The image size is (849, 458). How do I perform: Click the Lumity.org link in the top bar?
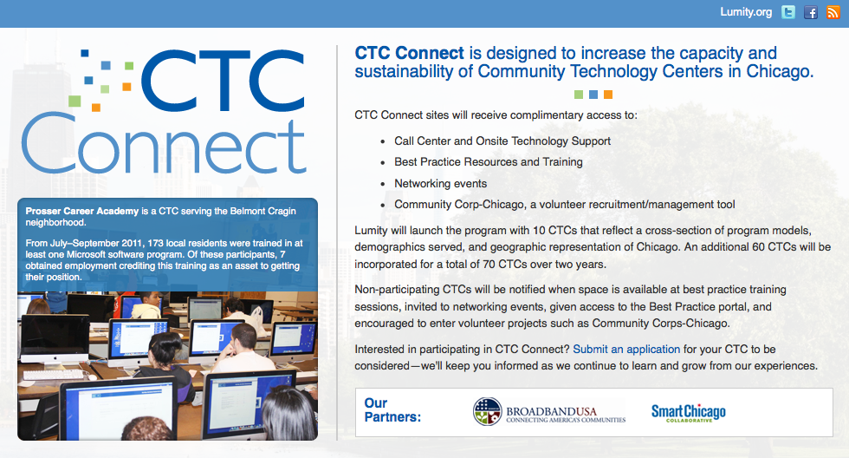pos(746,12)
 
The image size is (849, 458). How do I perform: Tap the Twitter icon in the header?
pos(788,12)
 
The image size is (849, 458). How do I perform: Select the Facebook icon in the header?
pos(811,12)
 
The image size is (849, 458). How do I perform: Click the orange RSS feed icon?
pos(833,12)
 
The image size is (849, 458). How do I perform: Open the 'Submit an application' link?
pos(626,349)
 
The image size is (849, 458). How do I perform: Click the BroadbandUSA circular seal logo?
pos(487,411)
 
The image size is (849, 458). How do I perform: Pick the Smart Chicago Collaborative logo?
pos(688,413)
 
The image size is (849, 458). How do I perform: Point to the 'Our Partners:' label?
pos(392,409)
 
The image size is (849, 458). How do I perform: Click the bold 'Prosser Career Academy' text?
pos(82,211)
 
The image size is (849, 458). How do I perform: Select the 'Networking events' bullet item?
pos(440,184)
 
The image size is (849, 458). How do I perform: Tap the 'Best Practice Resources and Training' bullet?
pos(489,162)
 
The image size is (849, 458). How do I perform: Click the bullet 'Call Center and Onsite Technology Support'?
pos(502,141)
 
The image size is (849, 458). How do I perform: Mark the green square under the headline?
pos(579,95)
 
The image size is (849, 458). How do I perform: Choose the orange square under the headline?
pos(608,95)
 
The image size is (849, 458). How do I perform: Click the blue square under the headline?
pos(593,95)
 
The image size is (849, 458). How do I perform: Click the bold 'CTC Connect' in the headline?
pos(409,53)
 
